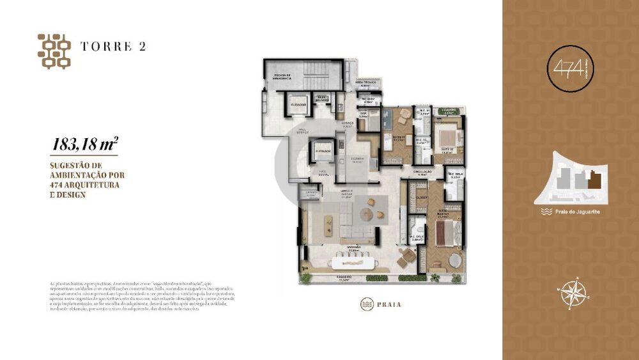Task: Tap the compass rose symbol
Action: tap(573, 293)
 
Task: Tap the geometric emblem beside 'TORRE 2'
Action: tap(54, 51)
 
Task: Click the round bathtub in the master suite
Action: tap(453, 262)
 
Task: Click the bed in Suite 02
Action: tap(448, 137)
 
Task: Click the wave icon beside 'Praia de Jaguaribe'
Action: tap(545, 210)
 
